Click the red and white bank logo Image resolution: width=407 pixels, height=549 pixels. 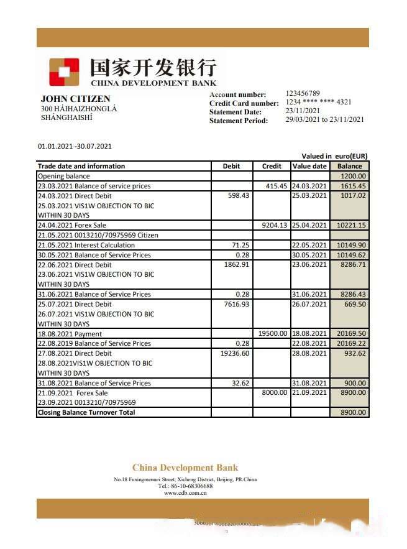click(64, 72)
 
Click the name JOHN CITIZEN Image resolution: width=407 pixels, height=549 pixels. click(75, 99)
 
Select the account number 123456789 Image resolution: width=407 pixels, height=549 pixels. click(303, 93)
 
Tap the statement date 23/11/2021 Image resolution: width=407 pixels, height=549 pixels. click(303, 111)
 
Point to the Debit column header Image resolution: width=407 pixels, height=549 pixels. click(231, 166)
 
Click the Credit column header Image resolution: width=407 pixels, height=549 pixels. click(272, 166)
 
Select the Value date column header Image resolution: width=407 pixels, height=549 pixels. click(309, 166)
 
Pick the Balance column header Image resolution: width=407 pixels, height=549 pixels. click(349, 166)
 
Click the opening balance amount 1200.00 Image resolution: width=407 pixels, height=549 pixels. click(353, 176)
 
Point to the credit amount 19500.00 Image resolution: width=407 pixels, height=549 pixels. click(273, 334)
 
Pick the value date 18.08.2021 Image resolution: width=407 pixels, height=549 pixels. click(309, 334)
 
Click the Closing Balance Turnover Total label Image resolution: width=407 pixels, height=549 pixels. click(86, 412)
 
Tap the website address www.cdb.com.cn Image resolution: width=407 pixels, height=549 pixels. click(185, 492)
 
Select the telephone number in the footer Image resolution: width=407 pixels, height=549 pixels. click(185, 486)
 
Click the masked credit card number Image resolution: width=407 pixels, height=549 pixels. click(318, 102)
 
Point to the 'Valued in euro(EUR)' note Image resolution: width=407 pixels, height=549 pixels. click(334, 156)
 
